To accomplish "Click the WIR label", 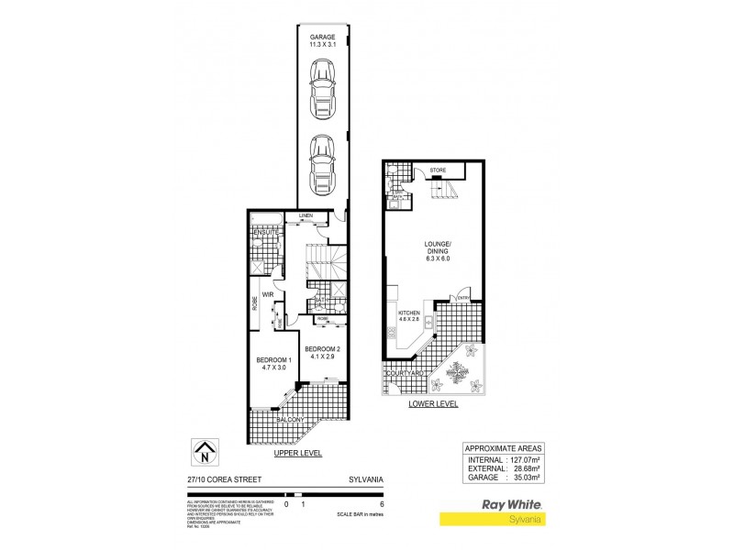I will click(x=269, y=294).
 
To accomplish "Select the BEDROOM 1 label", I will click(x=273, y=358).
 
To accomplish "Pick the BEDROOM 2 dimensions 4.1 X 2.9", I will click(x=322, y=357).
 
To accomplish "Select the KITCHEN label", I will click(x=408, y=313).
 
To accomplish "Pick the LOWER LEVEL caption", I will click(x=434, y=401).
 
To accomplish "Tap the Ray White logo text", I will click(x=512, y=503).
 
